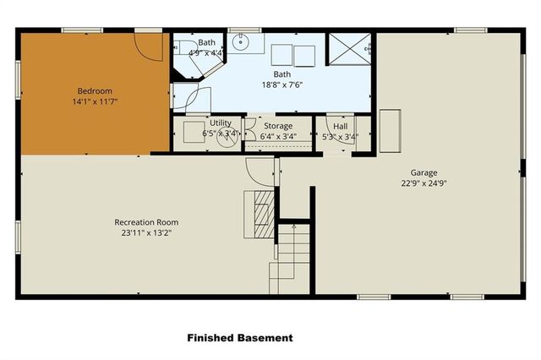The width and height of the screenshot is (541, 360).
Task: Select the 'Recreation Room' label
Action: [146, 222]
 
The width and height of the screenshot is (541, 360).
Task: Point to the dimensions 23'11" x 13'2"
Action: [146, 233]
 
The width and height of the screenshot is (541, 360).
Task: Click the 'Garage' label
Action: [424, 172]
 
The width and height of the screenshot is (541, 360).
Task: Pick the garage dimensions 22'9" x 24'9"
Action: [424, 183]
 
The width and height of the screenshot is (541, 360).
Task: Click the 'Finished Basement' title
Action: [240, 337]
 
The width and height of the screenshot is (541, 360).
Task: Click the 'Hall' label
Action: [340, 126]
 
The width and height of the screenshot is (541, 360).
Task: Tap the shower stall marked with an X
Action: [350, 49]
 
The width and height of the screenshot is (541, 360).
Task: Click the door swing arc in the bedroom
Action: [150, 48]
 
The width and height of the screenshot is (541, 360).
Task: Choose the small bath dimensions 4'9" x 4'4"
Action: [207, 53]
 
